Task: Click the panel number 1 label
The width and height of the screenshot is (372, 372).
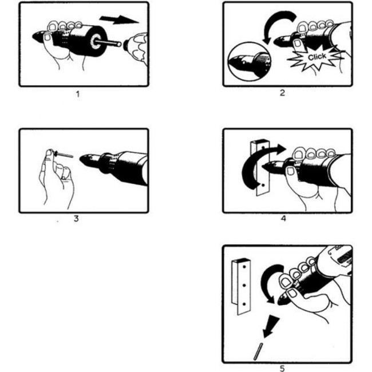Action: [x=78, y=94]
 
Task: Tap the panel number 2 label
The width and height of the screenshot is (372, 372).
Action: [x=282, y=93]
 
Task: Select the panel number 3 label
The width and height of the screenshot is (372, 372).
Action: [x=76, y=218]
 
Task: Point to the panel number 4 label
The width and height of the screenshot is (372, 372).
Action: [x=283, y=218]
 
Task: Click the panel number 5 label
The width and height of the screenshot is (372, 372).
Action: [x=282, y=368]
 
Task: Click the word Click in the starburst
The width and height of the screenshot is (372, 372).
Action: [x=317, y=57]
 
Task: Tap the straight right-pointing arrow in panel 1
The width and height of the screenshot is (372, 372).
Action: [x=119, y=19]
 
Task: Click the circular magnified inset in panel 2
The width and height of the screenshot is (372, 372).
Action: [x=249, y=62]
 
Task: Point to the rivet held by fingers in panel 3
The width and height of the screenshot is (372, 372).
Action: [x=64, y=154]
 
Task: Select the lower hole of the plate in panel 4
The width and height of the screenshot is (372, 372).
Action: [x=263, y=185]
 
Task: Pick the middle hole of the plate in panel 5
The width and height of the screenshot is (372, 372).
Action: [x=244, y=285]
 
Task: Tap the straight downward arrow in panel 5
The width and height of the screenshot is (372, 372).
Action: [x=271, y=326]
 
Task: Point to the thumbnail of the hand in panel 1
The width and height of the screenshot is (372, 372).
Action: [x=48, y=37]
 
